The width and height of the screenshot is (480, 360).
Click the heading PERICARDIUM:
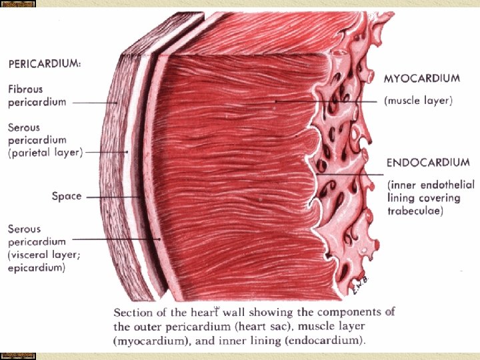(45, 64)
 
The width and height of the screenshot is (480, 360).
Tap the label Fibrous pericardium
(37, 95)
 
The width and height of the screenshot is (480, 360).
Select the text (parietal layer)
(45, 153)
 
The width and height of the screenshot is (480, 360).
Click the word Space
(67, 196)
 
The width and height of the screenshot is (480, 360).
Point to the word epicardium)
(36, 268)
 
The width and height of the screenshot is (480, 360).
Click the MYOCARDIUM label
(421, 78)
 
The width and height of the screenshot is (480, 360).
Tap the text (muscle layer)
(418, 101)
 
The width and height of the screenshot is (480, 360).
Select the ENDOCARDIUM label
(428, 162)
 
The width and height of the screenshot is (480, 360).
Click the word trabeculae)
(415, 211)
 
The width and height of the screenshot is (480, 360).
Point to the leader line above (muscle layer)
(327, 101)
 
